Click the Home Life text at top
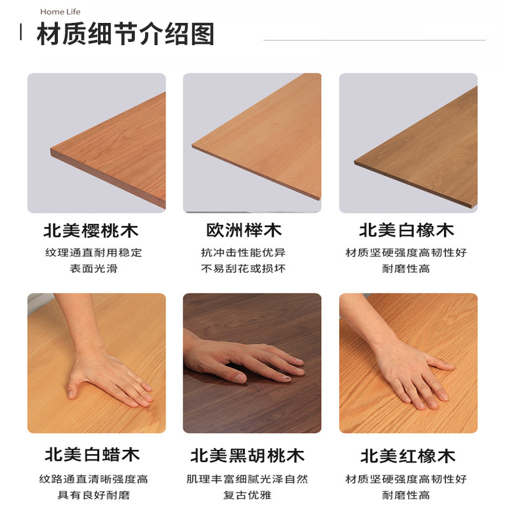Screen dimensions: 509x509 (x=60, y=11)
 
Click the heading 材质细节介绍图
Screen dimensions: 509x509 (x=125, y=34)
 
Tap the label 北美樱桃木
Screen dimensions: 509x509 (x=91, y=230)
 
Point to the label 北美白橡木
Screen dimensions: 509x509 (x=407, y=230)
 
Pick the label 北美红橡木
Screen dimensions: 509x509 (x=408, y=456)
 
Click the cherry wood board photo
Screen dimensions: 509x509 (x=97, y=143)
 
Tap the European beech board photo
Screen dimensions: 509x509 (x=253, y=143)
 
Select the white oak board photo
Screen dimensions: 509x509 (x=408, y=143)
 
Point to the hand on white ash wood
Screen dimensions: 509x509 (x=108, y=375)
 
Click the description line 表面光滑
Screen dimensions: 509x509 (x=94, y=268)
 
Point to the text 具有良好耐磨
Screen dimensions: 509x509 (x=94, y=495)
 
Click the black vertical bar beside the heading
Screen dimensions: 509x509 (x=22, y=32)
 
